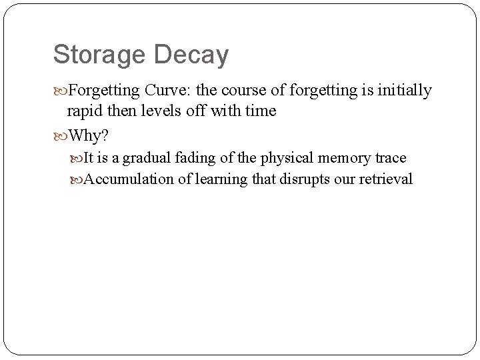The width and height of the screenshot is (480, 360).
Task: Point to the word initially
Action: coord(407,91)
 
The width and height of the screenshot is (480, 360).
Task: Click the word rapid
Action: coord(83,111)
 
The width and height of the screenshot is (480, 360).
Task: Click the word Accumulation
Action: coord(125,179)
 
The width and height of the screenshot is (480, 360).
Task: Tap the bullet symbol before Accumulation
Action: coord(79,179)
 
